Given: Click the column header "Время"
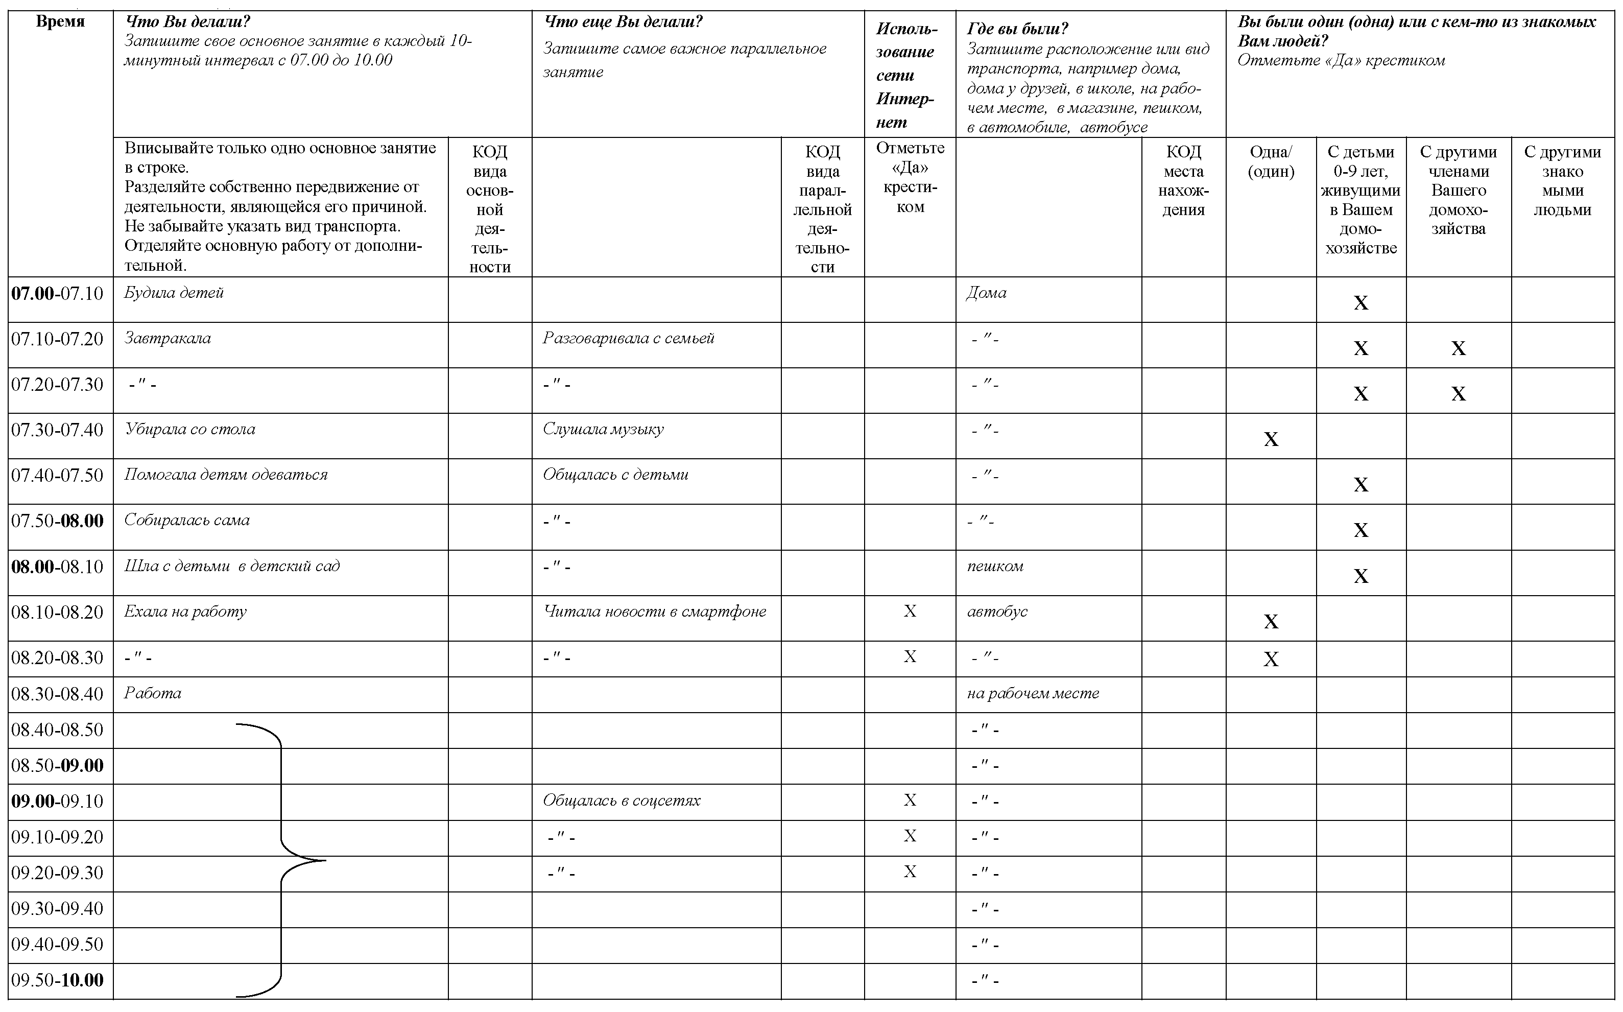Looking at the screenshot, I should [60, 21].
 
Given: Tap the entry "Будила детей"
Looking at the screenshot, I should [174, 293].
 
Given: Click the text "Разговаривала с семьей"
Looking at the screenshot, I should [628, 338].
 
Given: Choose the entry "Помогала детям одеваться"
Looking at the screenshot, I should [226, 475].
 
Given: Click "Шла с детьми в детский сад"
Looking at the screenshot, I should [231, 566].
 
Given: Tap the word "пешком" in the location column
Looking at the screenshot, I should [995, 566].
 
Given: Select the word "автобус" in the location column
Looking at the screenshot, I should [997, 611].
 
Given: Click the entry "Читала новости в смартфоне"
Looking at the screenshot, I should [654, 611].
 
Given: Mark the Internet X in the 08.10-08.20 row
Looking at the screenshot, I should [910, 611].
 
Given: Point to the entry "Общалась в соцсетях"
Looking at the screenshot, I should [622, 801].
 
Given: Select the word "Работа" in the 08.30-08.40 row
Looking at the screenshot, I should [153, 693].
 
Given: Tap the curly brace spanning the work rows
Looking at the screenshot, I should [281, 860].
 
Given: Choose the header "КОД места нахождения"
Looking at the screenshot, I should [1183, 181].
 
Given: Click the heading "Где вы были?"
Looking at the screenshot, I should [1017, 29].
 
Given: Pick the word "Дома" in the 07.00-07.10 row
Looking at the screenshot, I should [986, 293].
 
